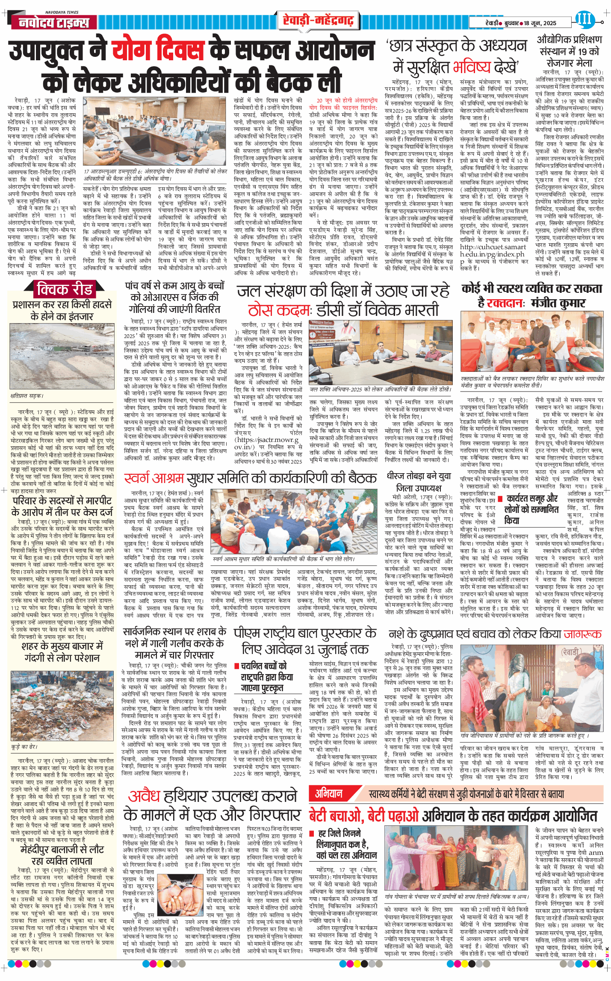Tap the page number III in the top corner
coord(584,19)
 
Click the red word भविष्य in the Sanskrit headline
coord(472,68)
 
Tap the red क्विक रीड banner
coord(64,290)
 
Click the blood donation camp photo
coord(532,342)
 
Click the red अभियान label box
coord(328,794)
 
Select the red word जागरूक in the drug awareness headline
coord(582,634)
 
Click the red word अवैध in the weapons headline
coord(144,796)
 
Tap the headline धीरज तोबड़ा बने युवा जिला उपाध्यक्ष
coord(419,482)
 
